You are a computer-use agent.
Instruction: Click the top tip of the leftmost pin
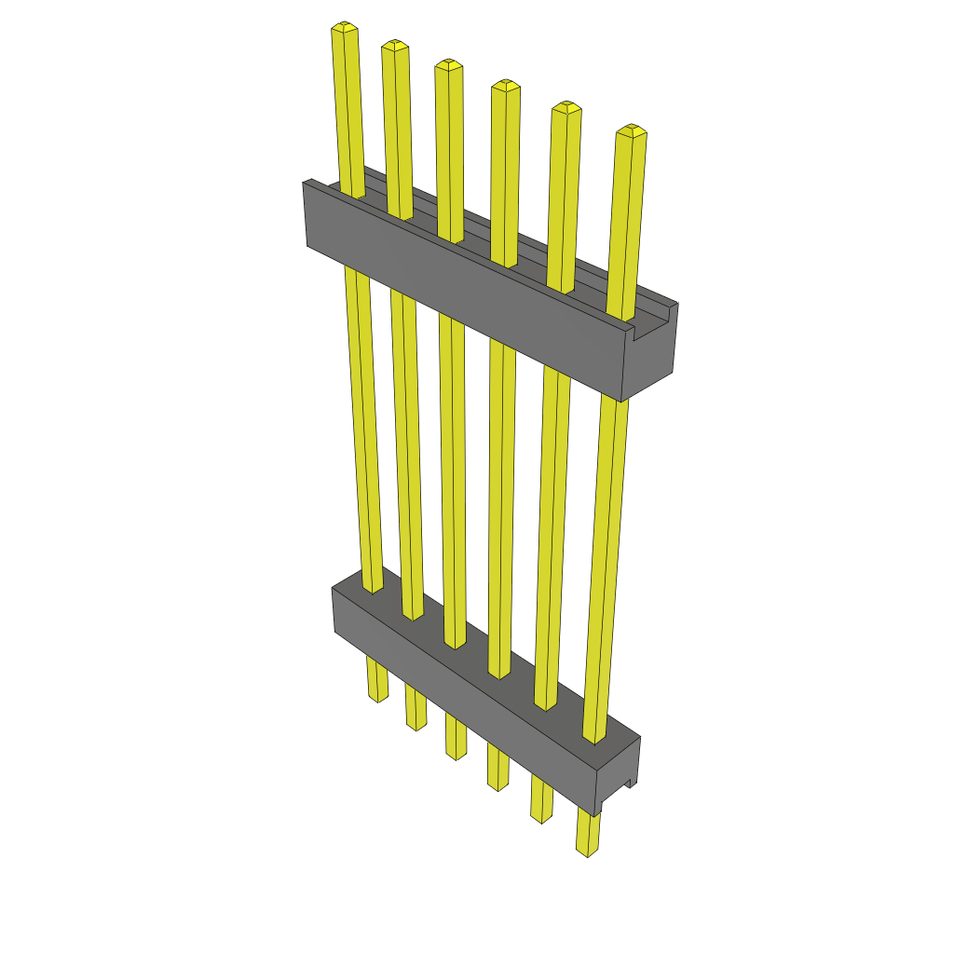[345, 28]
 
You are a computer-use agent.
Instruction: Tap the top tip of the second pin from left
[395, 46]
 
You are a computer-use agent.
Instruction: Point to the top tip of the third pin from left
[448, 64]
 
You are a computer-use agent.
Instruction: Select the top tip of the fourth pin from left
[506, 86]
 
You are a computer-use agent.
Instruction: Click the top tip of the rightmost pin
[632, 129]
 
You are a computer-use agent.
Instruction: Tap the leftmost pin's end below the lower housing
[377, 695]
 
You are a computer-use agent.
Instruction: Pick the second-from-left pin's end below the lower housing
[416, 723]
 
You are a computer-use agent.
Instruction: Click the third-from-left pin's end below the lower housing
[456, 753]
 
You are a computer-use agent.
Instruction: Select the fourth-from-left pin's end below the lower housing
[498, 784]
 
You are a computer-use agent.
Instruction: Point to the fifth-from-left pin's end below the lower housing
[541, 815]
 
